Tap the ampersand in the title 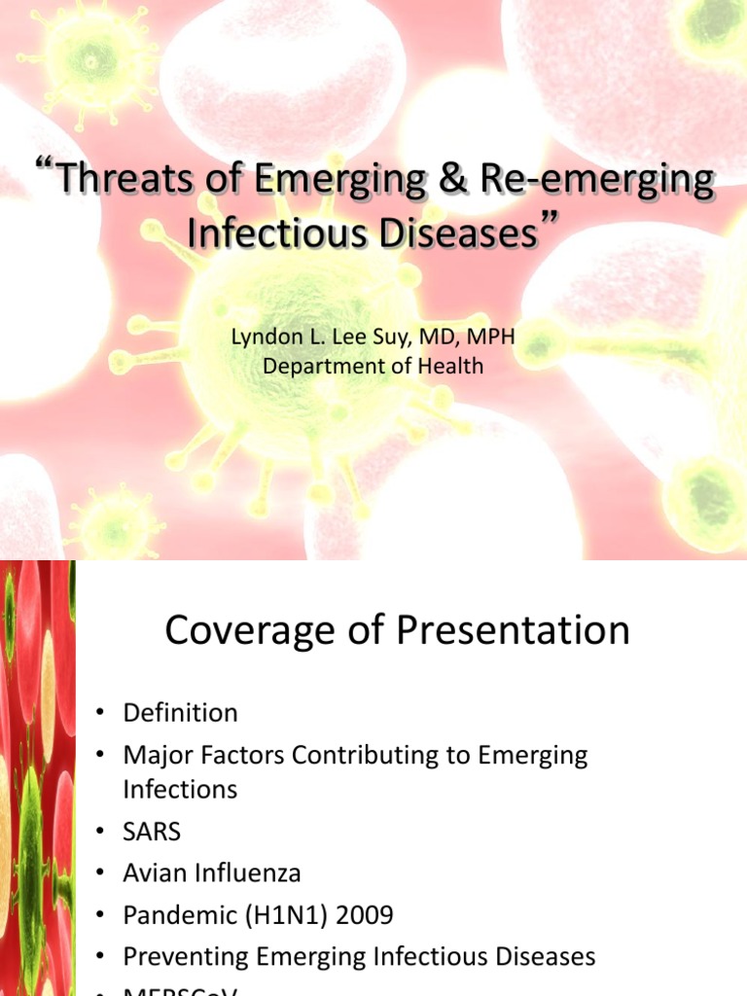[x=458, y=184]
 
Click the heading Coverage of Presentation [x=397, y=630]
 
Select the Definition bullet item [x=180, y=713]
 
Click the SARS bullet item [x=152, y=833]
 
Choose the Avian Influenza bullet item [x=212, y=873]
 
